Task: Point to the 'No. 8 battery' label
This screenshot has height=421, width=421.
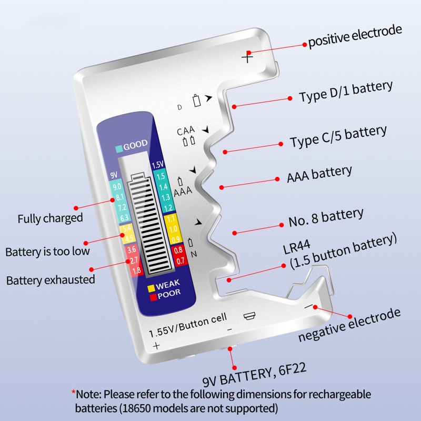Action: point(326,217)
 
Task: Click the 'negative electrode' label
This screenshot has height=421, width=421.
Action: point(349,325)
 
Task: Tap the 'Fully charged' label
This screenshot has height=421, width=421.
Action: point(50,218)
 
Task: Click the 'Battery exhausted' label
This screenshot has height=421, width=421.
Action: point(51,279)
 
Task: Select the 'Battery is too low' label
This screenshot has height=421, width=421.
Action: point(47,251)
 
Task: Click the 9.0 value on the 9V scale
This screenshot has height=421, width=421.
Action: point(117,186)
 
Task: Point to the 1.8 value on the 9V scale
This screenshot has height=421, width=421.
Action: point(136,270)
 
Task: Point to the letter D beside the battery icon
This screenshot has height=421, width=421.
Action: point(179,107)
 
